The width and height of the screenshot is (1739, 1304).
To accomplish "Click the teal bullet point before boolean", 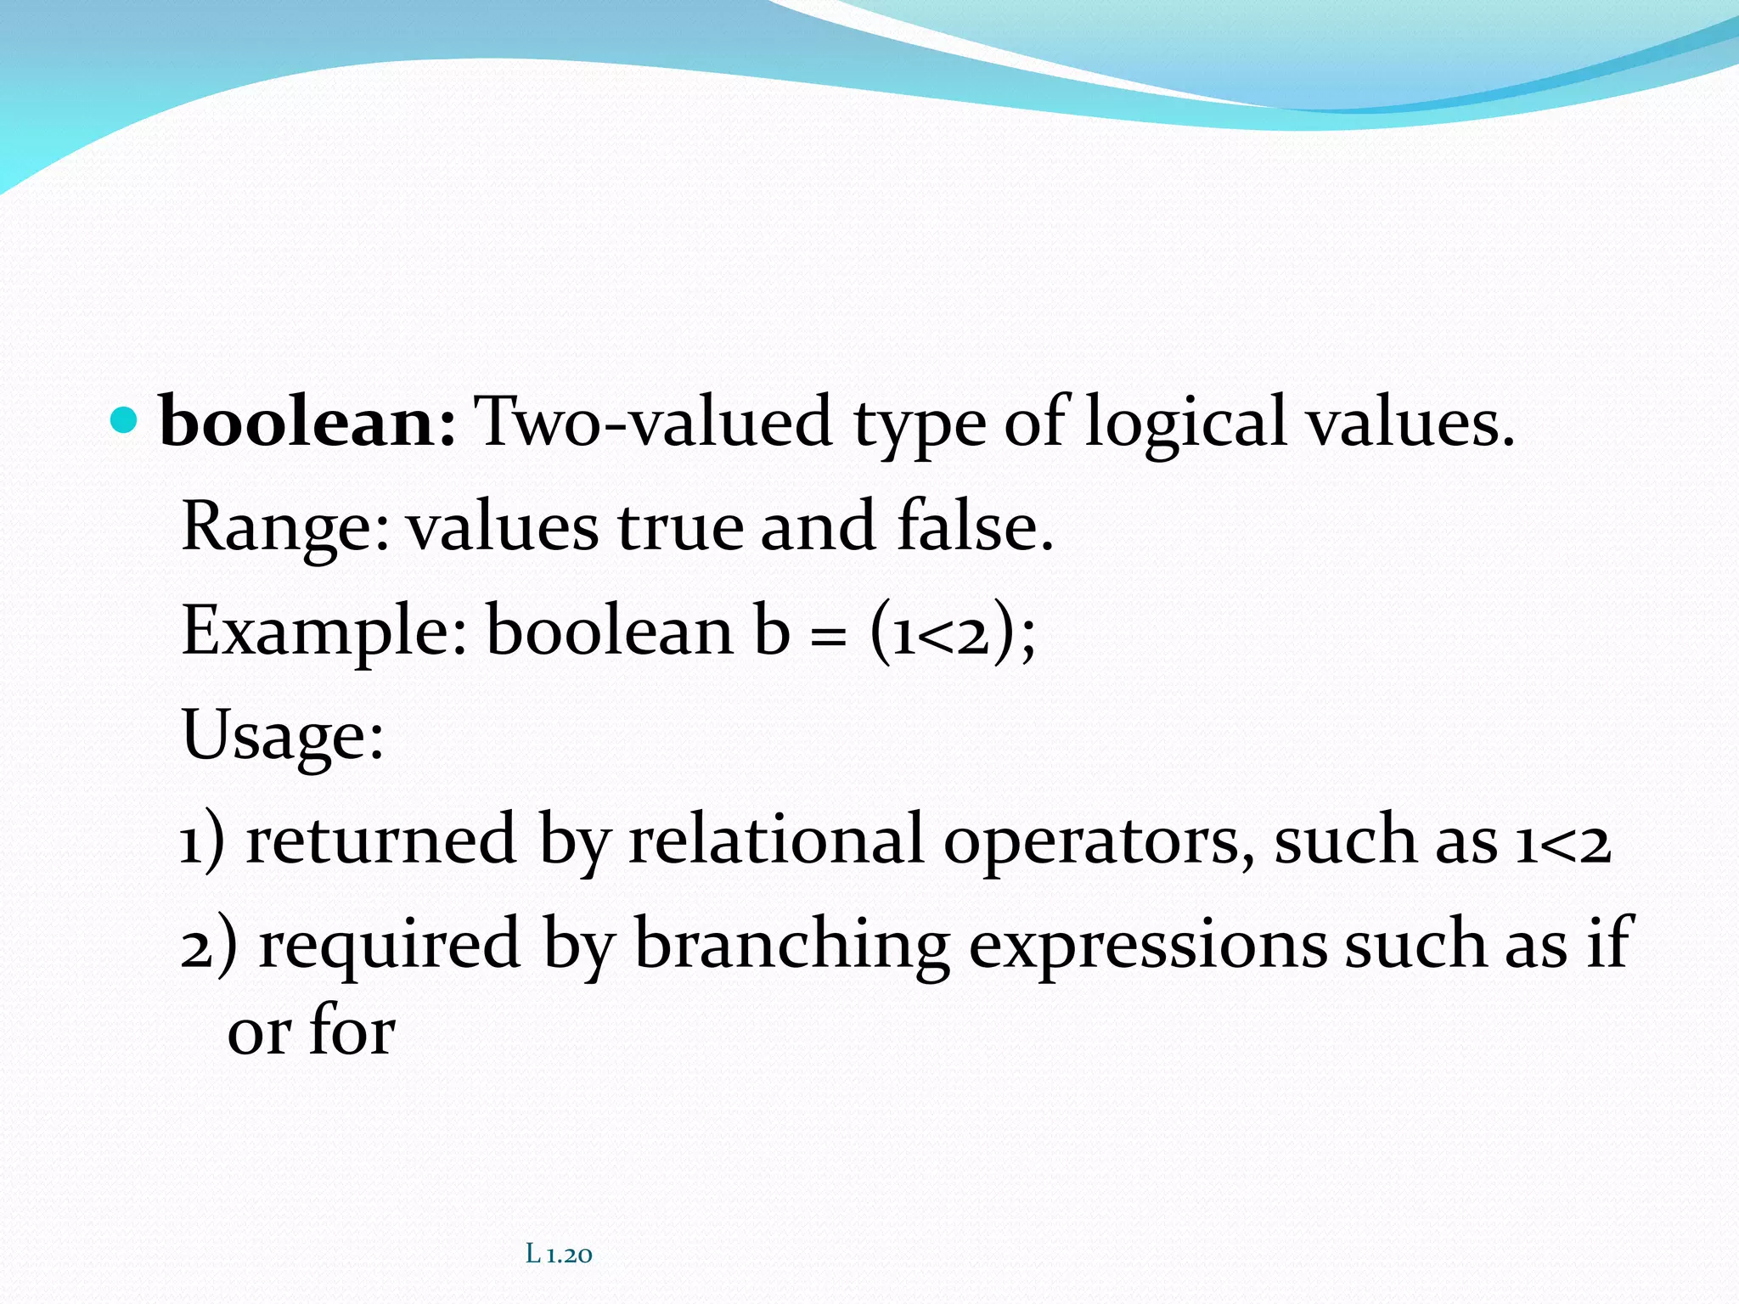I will pyautogui.click(x=124, y=420).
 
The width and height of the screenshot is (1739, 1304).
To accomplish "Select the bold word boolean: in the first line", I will pyautogui.click(x=307, y=422).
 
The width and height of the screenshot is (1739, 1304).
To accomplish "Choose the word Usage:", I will pyautogui.click(x=283, y=736).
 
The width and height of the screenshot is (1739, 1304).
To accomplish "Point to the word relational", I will pyautogui.click(x=775, y=840).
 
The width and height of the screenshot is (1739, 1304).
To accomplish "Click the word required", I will pyautogui.click(x=389, y=944).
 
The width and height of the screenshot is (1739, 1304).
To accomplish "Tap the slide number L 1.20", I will pyautogui.click(x=559, y=1253).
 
